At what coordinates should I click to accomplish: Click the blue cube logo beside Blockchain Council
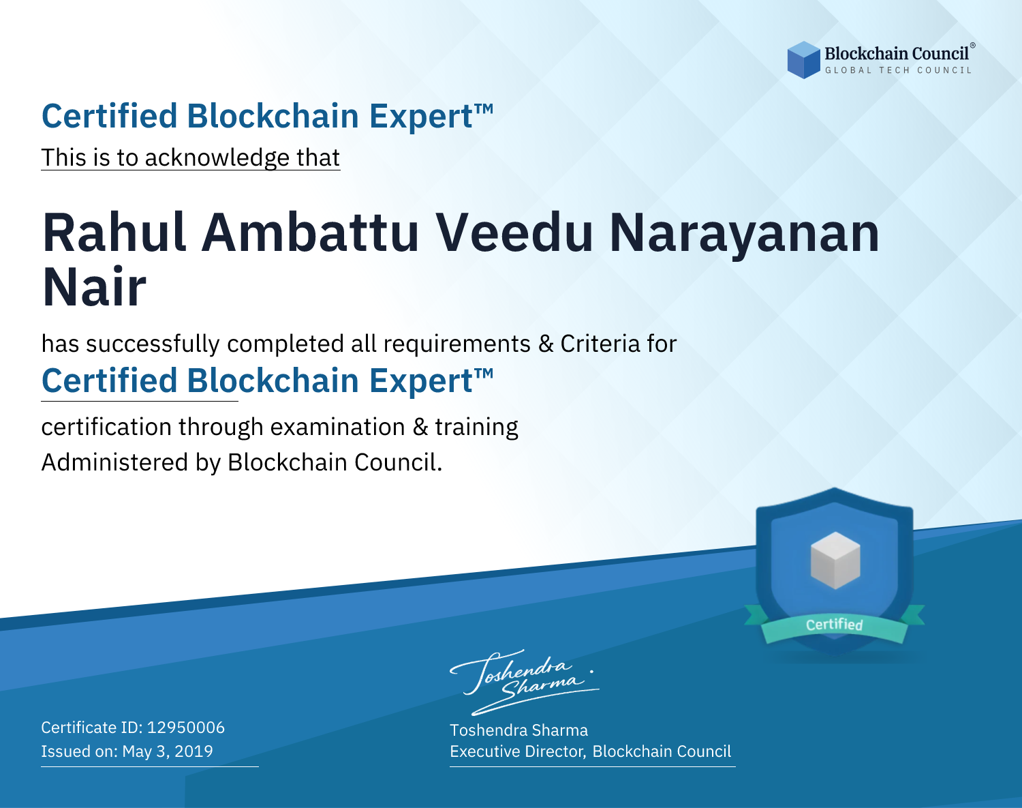[803, 60]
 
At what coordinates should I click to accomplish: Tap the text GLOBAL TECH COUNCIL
[898, 70]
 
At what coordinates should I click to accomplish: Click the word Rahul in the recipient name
[114, 233]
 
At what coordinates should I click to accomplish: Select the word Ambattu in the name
[310, 233]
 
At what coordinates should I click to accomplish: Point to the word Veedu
[514, 233]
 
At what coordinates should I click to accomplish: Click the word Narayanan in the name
[745, 235]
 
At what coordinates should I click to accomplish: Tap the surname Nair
[94, 287]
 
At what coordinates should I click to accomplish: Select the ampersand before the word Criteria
[546, 344]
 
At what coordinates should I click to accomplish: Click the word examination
[338, 427]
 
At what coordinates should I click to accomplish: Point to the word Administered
[114, 462]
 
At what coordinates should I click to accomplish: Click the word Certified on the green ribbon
[835, 624]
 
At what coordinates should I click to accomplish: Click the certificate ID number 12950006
[186, 728]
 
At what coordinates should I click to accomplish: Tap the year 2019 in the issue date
[193, 751]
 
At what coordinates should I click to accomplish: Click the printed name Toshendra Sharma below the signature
[518, 730]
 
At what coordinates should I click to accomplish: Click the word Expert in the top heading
[421, 117]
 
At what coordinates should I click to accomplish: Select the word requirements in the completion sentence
[456, 344]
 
